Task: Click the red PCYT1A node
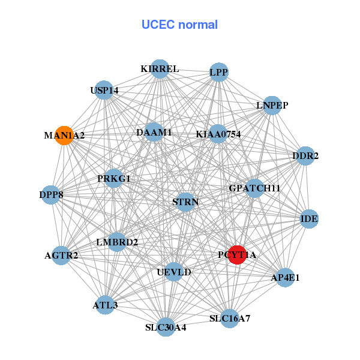(x=238, y=254)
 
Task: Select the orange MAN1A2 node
(x=64, y=135)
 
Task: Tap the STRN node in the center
(x=185, y=202)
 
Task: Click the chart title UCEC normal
(x=179, y=25)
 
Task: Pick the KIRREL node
(x=160, y=68)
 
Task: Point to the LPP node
(x=218, y=73)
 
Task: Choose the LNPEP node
(x=272, y=105)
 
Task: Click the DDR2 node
(x=305, y=156)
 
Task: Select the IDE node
(x=309, y=219)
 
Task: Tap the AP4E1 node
(x=284, y=277)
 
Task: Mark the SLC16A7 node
(x=230, y=318)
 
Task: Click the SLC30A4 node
(x=166, y=327)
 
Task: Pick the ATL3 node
(x=105, y=305)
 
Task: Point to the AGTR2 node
(x=62, y=256)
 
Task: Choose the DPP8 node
(x=52, y=195)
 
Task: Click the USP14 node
(x=104, y=90)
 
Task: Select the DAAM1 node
(x=154, y=132)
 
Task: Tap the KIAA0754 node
(x=218, y=134)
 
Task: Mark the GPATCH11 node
(x=254, y=188)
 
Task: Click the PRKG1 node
(x=114, y=178)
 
